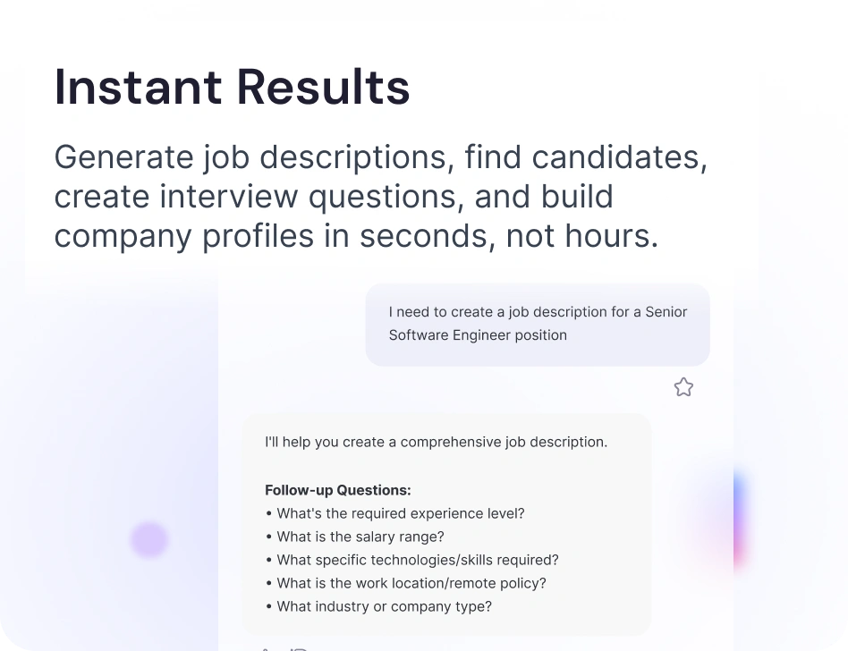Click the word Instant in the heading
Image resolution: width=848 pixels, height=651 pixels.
tap(138, 87)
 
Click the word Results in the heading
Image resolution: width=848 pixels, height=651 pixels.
tap(324, 87)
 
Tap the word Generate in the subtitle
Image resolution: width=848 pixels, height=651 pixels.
tap(123, 157)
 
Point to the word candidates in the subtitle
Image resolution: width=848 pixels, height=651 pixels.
tap(620, 157)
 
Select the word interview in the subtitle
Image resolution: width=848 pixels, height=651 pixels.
tap(229, 196)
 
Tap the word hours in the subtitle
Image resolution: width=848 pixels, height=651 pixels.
tap(611, 236)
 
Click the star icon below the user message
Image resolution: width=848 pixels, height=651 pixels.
tap(683, 387)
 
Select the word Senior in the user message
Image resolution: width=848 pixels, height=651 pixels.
tap(666, 312)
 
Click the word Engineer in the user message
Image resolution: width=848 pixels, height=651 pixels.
tap(481, 335)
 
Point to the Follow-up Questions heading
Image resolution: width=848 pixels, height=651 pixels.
tap(338, 490)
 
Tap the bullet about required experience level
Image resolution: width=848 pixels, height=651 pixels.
tap(395, 513)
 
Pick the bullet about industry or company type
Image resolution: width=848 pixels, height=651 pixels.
tap(379, 606)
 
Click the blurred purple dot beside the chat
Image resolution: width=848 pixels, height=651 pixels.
tap(149, 539)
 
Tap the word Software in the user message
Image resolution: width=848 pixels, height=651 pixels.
tap(419, 335)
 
